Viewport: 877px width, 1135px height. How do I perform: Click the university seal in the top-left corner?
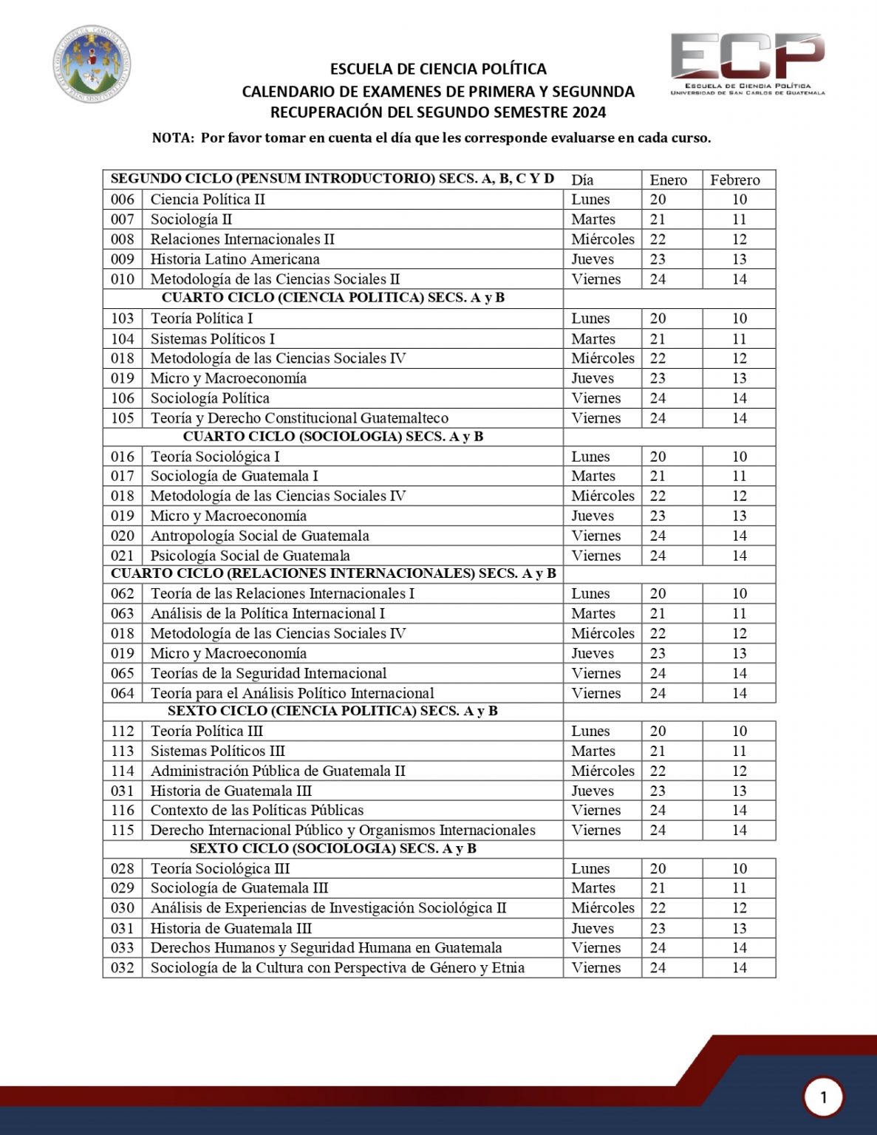coord(92,64)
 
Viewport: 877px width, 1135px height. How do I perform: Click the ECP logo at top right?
coord(747,63)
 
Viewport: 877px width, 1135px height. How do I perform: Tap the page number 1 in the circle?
coord(823,1097)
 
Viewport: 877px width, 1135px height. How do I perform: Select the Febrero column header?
coord(735,180)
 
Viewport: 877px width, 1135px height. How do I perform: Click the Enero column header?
coord(668,180)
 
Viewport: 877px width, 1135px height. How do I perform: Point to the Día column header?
coord(582,180)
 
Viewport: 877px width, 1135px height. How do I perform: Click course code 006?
coord(123,200)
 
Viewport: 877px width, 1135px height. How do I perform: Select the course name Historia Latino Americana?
coord(235,259)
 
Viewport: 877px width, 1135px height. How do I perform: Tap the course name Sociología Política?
coord(210,398)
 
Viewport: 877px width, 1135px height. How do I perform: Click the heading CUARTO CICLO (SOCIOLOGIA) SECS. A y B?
coord(332,437)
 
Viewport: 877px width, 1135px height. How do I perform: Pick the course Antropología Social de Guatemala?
coord(259,536)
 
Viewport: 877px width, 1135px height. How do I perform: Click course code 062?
coord(123,593)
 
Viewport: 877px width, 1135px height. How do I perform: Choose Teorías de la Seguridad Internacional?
coord(268,673)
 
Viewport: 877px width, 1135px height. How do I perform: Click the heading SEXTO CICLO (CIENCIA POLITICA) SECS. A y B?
coord(332,711)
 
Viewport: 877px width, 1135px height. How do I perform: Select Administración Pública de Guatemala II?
coord(278,771)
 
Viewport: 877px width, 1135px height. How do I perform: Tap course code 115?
coord(123,830)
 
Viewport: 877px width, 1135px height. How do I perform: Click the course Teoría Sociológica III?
coord(220,869)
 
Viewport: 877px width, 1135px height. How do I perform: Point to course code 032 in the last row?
coord(123,968)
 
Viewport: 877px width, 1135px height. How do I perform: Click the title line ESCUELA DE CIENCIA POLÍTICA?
coord(438,69)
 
